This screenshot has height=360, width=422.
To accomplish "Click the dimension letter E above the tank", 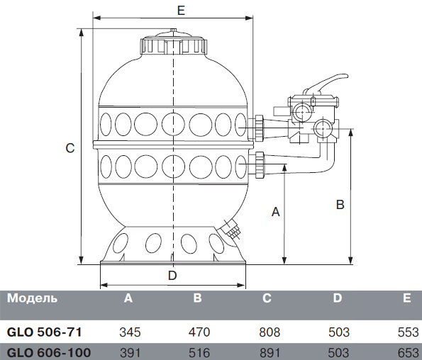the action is (x=181, y=10).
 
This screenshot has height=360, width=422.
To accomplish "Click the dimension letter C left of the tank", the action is (x=70, y=148).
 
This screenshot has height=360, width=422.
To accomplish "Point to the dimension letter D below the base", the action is (x=172, y=276).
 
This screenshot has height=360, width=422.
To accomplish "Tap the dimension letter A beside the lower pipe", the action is (x=276, y=212).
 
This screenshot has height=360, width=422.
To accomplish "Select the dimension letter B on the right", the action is (x=340, y=205).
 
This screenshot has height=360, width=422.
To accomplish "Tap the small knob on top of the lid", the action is (x=173, y=30).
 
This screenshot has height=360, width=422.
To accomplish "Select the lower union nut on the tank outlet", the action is (x=260, y=164).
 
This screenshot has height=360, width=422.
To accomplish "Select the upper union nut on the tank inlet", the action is (x=260, y=128).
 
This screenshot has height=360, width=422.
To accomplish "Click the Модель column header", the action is (x=33, y=298).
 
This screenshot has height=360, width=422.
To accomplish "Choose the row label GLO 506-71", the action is (x=44, y=332).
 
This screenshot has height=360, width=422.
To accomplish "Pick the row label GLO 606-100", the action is (x=49, y=352).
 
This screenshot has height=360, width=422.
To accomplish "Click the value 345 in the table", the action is (x=130, y=332).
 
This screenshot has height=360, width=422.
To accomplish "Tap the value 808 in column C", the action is (x=270, y=332).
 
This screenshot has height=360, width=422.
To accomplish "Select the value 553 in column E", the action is (x=409, y=332).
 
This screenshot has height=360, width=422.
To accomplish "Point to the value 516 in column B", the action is (x=199, y=352).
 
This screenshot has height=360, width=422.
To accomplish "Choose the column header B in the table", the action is (x=198, y=298).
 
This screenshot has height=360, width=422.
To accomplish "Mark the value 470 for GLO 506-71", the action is (x=199, y=332).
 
